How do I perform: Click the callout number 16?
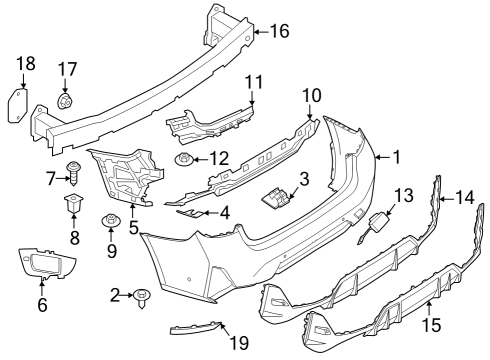point(279,31)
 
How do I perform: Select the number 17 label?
point(67,69)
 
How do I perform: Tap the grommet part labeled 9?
point(110,221)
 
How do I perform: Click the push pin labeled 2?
point(145,296)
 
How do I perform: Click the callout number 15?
point(431,324)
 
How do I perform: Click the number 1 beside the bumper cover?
point(396,157)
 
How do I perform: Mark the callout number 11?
point(253,80)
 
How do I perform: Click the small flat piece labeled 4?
point(186,212)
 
